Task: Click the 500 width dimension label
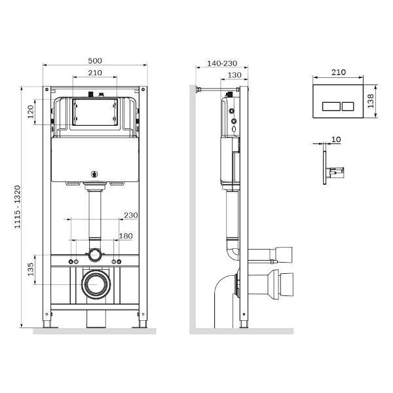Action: click(x=95, y=61)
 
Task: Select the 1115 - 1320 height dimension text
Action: click(x=17, y=207)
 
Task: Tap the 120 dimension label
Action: click(x=31, y=112)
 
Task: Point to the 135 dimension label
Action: click(x=31, y=269)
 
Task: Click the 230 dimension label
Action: click(x=131, y=215)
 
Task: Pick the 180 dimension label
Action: click(x=126, y=236)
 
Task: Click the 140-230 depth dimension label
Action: click(x=222, y=64)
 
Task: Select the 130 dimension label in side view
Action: click(x=234, y=75)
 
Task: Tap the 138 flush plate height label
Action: click(x=371, y=101)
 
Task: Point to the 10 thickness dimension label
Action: click(x=336, y=140)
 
